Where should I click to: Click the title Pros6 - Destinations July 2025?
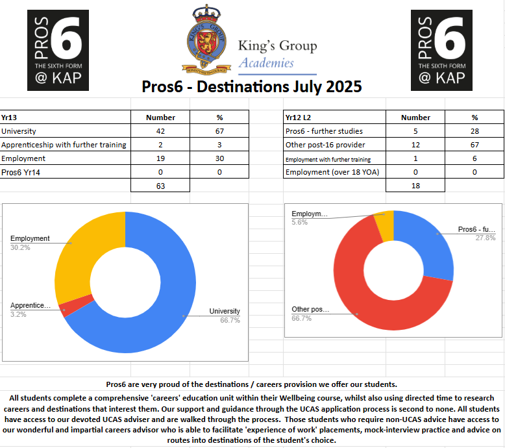[x=252, y=86]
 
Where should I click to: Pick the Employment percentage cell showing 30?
[x=219, y=158]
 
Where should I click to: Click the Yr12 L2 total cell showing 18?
[x=415, y=186]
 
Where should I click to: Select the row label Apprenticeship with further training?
[x=64, y=144]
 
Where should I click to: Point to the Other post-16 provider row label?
[x=325, y=144]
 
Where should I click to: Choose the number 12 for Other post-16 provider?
[x=415, y=144]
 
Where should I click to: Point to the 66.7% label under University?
[x=225, y=320]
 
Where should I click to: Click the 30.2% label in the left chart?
[x=19, y=247]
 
